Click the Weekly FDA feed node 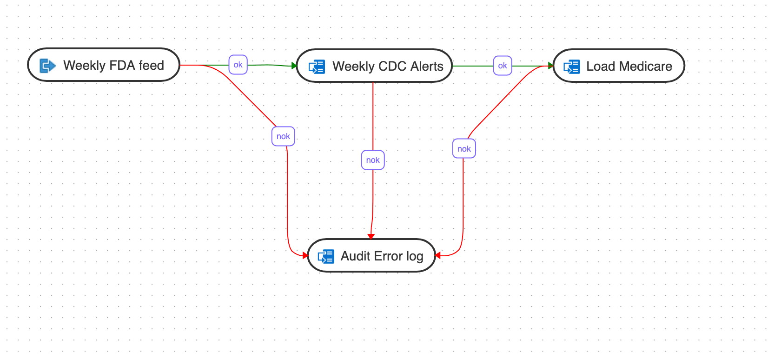[104, 65]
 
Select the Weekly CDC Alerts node [374, 66]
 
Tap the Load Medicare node [619, 66]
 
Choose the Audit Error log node [371, 256]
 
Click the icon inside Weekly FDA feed [47, 66]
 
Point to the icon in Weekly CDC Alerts [317, 67]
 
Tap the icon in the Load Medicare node [572, 67]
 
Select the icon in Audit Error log [326, 256]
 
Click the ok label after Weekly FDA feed [238, 65]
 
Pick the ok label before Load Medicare [503, 66]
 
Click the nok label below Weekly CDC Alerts [373, 160]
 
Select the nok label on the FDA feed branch [283, 136]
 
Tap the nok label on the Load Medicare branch [464, 149]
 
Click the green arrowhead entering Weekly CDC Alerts [294, 66]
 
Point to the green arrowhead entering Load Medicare [551, 66]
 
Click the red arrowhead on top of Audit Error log [371, 236]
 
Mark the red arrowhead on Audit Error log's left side [305, 255]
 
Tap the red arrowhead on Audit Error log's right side [438, 255]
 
